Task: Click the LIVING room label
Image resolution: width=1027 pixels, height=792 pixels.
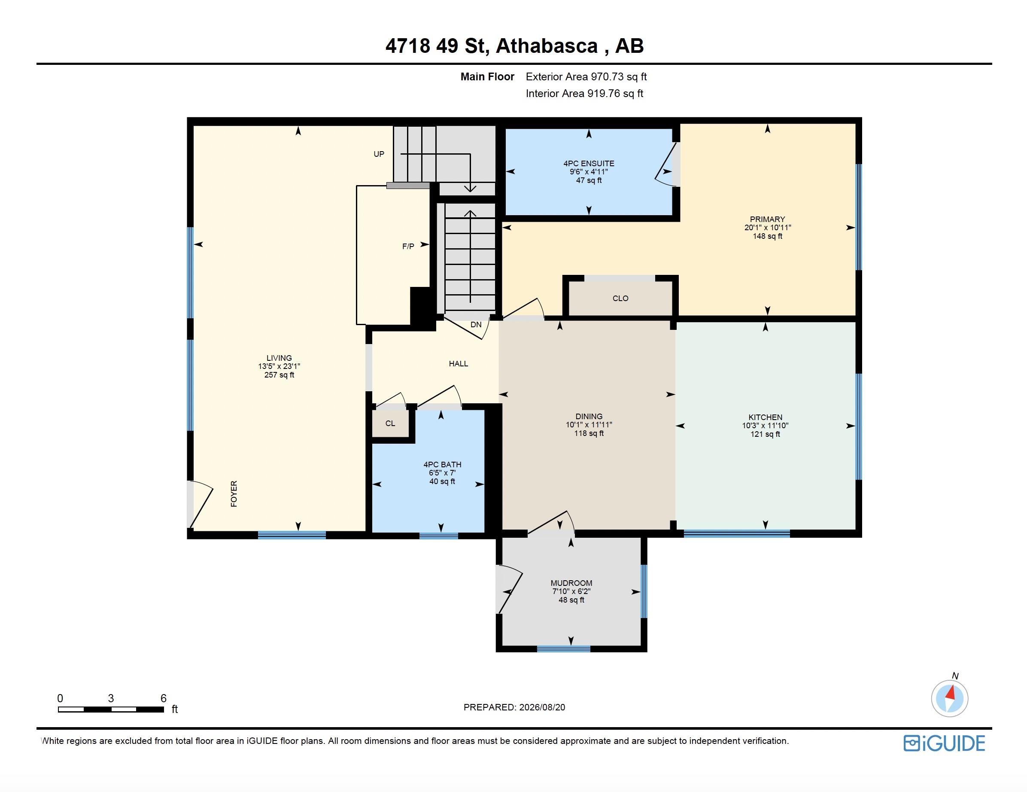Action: pos(280,358)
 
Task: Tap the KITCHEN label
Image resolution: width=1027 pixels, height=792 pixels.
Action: pos(766,417)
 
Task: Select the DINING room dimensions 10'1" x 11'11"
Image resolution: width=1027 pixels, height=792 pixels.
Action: pos(589,425)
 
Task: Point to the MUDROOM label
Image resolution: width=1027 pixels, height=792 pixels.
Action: pos(571,583)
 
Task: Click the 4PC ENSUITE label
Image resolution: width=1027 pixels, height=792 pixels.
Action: pos(589,163)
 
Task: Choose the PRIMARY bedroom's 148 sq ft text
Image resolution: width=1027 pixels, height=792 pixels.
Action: pos(767,236)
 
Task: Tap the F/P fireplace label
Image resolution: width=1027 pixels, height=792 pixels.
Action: pos(408,247)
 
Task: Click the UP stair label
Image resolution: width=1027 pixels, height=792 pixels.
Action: pos(379,154)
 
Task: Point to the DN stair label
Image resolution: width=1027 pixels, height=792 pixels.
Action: pos(476,325)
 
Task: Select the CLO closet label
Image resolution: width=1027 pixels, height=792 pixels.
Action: pos(621,298)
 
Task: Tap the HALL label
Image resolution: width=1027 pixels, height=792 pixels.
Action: pos(459,363)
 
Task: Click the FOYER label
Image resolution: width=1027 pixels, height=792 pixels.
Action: pos(234,494)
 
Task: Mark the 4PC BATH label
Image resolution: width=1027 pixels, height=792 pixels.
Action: pos(443,465)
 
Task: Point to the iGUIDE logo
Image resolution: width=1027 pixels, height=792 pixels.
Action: pos(944,743)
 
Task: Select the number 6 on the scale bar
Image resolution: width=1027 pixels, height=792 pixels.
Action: pos(164,698)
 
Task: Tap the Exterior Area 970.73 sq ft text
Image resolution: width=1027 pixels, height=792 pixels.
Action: pos(586,76)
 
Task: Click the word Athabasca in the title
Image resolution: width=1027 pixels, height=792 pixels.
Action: pos(547,46)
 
